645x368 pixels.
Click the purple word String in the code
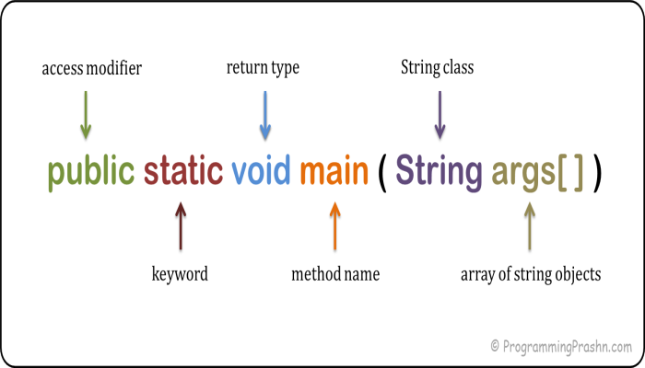point(439,172)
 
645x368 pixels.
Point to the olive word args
point(522,173)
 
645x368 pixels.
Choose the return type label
point(263,68)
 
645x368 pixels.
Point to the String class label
point(439,68)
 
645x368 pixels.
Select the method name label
point(335,273)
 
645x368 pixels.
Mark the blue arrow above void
point(264,114)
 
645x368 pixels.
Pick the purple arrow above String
point(439,114)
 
